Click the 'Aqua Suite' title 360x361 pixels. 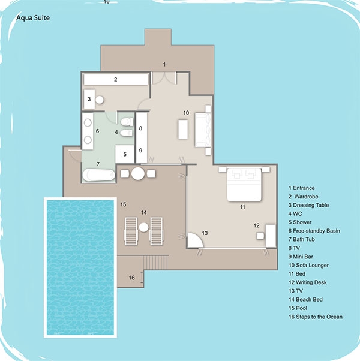33,18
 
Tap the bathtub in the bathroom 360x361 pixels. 99,175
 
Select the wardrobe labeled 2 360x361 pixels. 116,79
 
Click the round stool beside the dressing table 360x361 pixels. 100,100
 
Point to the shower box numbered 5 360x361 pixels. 124,154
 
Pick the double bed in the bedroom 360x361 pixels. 244,185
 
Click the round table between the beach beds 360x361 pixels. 144,227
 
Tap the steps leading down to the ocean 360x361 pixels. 156,263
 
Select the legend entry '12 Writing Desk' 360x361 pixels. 307,282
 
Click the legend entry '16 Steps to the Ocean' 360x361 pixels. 316,317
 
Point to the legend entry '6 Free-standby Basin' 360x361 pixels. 314,231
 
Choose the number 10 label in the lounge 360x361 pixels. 186,113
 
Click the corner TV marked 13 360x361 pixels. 194,240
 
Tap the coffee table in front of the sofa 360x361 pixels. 183,130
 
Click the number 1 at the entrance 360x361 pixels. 164,65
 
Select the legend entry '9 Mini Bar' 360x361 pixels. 301,257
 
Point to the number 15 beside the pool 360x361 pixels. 123,204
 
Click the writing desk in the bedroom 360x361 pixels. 271,236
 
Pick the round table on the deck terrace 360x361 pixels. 138,173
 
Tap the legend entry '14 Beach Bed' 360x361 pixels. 305,299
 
